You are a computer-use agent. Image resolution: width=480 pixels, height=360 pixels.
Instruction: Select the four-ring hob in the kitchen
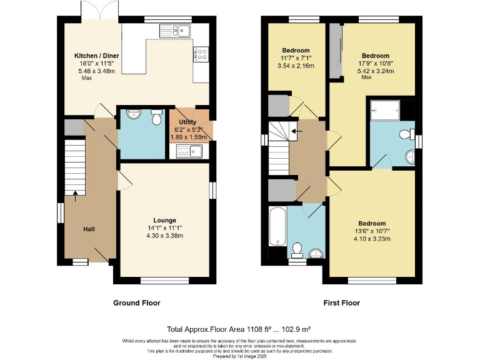pyautogui.click(x=202, y=56)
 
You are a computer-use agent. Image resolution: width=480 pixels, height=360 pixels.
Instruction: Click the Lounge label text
pyautogui.click(x=164, y=220)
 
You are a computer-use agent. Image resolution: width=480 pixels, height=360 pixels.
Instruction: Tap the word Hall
pyautogui.click(x=89, y=229)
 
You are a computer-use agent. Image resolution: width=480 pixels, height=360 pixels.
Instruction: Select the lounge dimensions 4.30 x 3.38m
pyautogui.click(x=164, y=236)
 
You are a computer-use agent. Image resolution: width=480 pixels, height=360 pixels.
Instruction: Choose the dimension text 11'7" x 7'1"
pyautogui.click(x=296, y=58)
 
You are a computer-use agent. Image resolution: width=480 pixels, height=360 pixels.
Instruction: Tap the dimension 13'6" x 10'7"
pyautogui.click(x=372, y=231)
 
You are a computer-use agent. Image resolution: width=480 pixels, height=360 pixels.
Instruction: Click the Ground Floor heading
pyautogui.click(x=136, y=303)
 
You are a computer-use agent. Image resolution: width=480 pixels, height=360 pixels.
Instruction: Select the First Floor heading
pyautogui.click(x=341, y=303)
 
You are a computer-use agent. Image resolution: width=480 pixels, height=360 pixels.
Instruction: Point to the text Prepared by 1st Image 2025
pyautogui.click(x=239, y=356)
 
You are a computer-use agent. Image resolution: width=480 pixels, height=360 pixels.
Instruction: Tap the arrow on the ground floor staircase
pyautogui.click(x=75, y=192)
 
